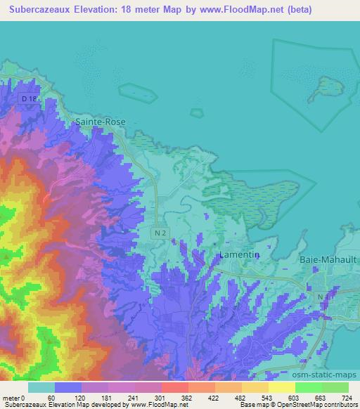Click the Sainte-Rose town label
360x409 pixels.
pyautogui.click(x=100, y=122)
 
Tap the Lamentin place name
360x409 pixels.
pyautogui.click(x=234, y=254)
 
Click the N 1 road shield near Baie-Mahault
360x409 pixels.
pyautogui.click(x=324, y=297)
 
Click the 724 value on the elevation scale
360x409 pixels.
pyautogui.click(x=346, y=398)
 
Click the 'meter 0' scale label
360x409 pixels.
pyautogui.click(x=13, y=398)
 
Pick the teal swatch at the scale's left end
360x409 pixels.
pyautogui.click(x=41, y=387)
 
